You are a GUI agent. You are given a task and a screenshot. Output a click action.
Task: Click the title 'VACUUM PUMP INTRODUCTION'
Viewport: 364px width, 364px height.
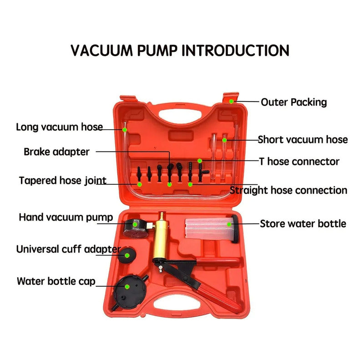180,51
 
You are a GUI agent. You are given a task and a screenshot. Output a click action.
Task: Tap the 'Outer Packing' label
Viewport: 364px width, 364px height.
293,102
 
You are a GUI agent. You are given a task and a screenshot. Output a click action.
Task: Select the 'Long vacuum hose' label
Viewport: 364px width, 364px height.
59,127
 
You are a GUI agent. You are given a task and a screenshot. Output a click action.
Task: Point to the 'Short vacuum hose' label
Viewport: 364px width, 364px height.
303,140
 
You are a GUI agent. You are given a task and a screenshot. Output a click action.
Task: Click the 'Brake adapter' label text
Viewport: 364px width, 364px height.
56,152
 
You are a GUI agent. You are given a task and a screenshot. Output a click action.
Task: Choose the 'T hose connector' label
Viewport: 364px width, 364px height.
299,162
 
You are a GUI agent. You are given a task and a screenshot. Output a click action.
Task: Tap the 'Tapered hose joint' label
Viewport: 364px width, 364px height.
63,181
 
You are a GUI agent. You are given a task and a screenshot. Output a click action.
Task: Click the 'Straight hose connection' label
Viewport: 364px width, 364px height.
288,190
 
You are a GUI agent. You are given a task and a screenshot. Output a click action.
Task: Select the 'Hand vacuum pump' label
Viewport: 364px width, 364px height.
66,217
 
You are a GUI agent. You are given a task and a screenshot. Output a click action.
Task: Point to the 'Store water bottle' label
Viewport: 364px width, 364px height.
303,224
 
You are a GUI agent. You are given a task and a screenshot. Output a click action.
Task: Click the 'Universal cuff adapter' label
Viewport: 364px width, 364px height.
69,249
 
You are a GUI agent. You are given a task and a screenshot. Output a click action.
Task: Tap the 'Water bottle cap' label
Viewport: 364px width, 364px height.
56,281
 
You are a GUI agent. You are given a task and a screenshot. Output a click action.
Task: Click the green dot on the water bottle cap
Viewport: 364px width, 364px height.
127,287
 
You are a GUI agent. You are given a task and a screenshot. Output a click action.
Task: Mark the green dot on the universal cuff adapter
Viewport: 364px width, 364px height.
127,255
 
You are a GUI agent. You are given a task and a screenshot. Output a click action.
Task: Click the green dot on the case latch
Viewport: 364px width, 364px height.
232,101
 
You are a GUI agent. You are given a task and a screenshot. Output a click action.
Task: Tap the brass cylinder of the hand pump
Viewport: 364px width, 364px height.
161,239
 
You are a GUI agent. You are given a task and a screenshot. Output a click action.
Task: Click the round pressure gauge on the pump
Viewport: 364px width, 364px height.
136,229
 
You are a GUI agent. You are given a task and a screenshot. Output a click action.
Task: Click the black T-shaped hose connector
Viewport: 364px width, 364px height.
202,172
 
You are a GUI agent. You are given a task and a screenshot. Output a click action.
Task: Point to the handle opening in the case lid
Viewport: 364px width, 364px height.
180,114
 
